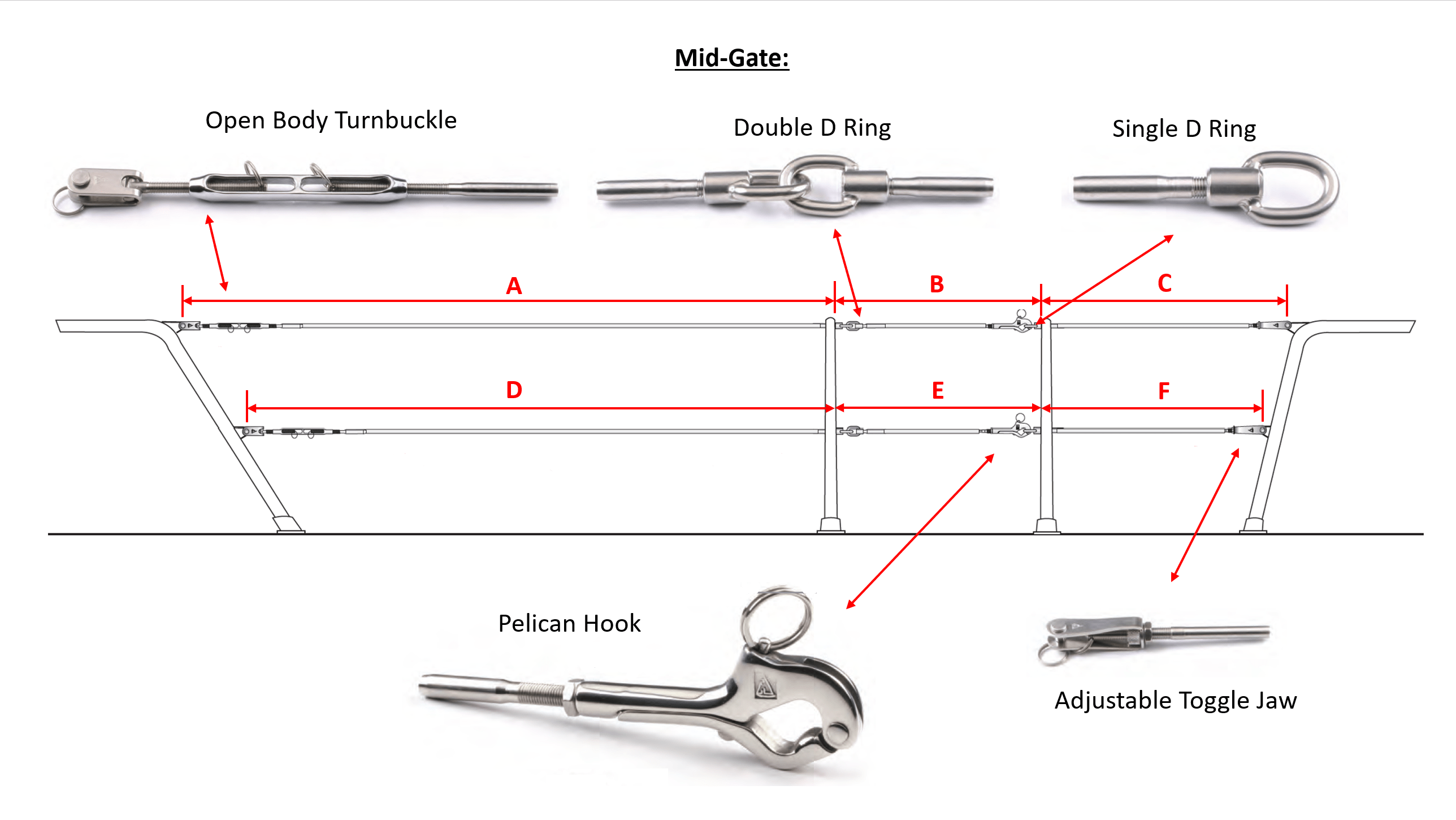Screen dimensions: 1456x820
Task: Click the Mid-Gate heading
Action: pyautogui.click(x=732, y=58)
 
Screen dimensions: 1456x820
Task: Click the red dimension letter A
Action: pyautogui.click(x=514, y=286)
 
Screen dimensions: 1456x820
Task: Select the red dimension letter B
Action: pyautogui.click(x=937, y=284)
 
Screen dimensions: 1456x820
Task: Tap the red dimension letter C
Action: pyautogui.click(x=1164, y=283)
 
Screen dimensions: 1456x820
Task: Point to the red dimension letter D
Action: pyautogui.click(x=514, y=390)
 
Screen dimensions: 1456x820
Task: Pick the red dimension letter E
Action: pyautogui.click(x=938, y=391)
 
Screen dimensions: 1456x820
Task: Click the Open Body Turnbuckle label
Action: pyautogui.click(x=331, y=121)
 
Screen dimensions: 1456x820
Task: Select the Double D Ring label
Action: pyautogui.click(x=812, y=128)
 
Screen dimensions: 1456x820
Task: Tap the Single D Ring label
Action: pyautogui.click(x=1184, y=130)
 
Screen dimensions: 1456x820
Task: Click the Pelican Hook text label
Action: pyautogui.click(x=569, y=624)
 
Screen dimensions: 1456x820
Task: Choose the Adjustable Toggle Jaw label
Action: pyautogui.click(x=1176, y=701)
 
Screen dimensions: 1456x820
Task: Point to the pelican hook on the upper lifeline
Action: pyautogui.click(x=1016, y=323)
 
